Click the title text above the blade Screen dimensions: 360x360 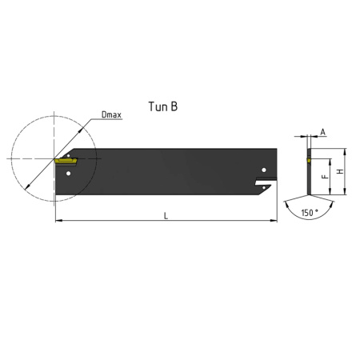tap(163, 106)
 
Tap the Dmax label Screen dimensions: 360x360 tap(111, 114)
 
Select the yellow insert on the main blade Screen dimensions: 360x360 tap(66, 161)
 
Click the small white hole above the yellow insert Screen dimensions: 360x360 tap(68, 155)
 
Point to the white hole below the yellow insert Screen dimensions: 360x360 tap(69, 174)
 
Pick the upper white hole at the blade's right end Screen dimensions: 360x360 tap(264, 170)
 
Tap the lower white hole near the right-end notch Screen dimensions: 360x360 tap(264, 188)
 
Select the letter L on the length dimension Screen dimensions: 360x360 tap(166, 216)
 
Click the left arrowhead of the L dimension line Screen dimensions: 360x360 tap(58, 221)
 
